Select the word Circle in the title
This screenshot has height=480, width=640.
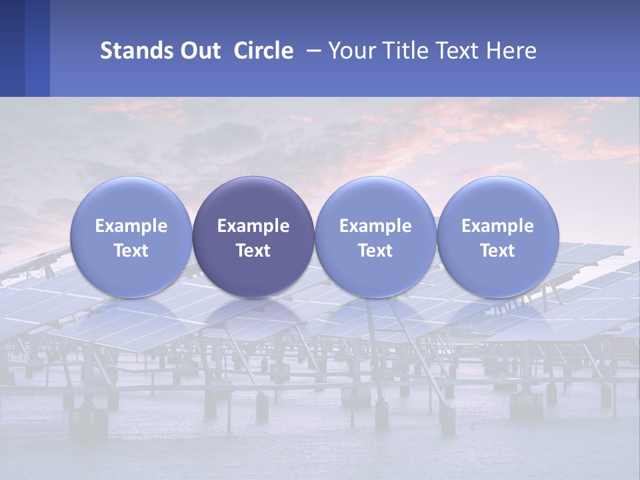(263, 51)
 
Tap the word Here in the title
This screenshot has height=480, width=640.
(511, 51)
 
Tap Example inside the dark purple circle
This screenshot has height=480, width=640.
(253, 226)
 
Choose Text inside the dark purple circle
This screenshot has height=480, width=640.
(253, 251)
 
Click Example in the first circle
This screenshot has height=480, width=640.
(131, 226)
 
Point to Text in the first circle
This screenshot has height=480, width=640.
(131, 251)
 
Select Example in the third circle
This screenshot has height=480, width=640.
(375, 226)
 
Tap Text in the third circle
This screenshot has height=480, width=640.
(375, 251)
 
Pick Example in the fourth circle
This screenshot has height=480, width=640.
(497, 226)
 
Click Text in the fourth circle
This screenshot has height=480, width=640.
(497, 251)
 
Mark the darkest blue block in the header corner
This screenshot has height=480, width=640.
(12, 48)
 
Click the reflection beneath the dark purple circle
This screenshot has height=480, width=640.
(253, 320)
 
